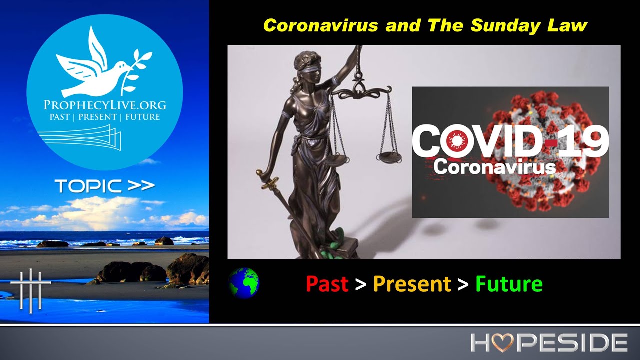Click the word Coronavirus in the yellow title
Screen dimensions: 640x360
coord(321,25)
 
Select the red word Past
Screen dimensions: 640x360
coord(327,284)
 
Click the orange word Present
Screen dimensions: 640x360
coord(412,284)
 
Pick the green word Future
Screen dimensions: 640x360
coord(509,284)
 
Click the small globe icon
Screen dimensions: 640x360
coord(243,283)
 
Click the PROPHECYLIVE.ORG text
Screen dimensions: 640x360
coord(105,105)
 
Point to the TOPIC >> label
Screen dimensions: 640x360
coord(105,186)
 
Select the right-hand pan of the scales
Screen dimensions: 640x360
coord(388,156)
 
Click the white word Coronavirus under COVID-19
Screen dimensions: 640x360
coord(494,167)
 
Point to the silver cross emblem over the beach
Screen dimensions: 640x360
coord(31,290)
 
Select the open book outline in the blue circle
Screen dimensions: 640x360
coord(80,139)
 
